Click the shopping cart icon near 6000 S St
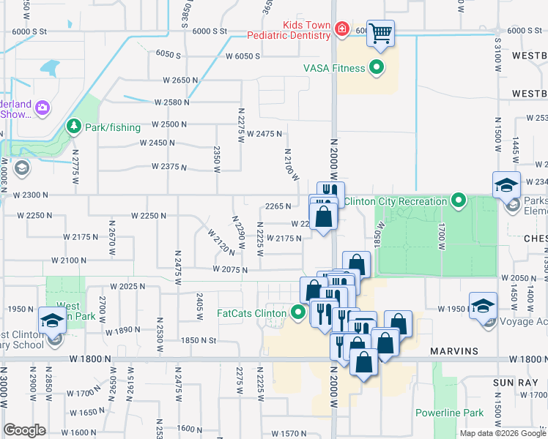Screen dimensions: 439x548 click(x=380, y=33)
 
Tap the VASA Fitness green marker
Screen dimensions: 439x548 click(x=377, y=69)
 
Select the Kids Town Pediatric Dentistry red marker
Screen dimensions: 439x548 click(x=341, y=29)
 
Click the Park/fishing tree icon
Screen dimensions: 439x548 click(x=74, y=127)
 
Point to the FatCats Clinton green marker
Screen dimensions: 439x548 click(x=298, y=313)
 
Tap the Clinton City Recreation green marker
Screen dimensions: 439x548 click(x=459, y=200)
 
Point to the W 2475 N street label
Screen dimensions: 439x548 click(x=264, y=134)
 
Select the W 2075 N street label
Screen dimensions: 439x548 click(x=231, y=269)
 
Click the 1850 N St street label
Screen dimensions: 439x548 click(x=199, y=340)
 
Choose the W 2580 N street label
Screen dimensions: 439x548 click(x=171, y=102)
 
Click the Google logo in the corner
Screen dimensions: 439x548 click(x=24, y=429)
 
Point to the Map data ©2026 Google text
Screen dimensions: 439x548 click(x=503, y=433)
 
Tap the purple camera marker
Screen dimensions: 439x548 click(x=42, y=108)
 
